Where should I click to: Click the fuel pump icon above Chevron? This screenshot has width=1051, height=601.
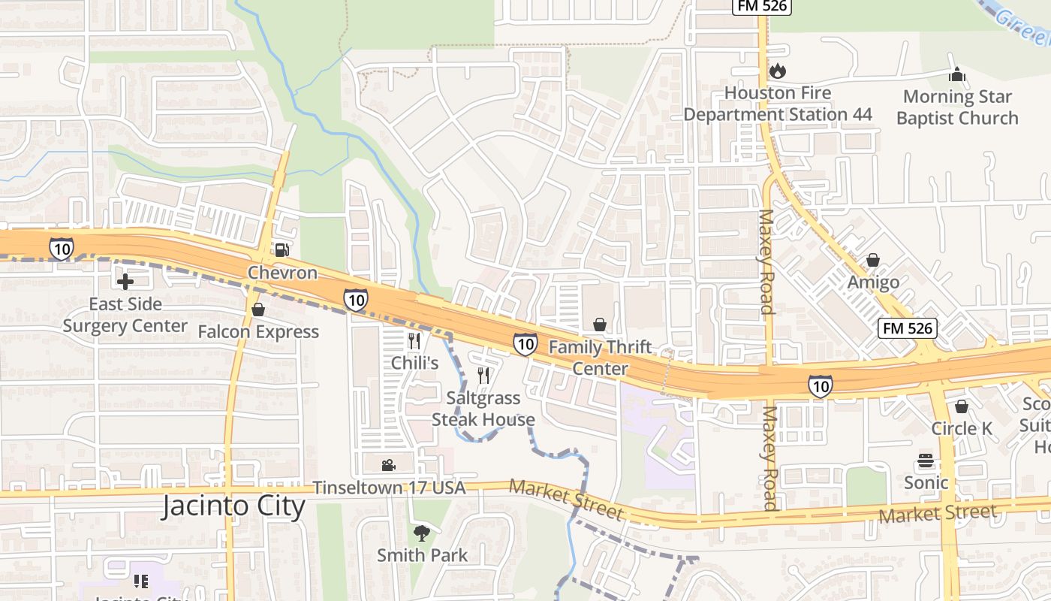tap(282, 250)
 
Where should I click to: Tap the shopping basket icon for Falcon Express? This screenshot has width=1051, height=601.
tap(258, 310)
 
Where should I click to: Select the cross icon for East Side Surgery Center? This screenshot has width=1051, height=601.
tap(125, 282)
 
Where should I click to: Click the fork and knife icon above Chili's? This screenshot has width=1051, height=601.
tap(414, 340)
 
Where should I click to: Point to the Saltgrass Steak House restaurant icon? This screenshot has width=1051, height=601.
tap(484, 375)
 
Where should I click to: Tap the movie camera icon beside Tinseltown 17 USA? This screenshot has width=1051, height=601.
tap(388, 466)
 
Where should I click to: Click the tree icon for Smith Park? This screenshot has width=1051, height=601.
tap(422, 533)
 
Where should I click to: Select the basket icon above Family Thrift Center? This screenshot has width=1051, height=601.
tap(599, 325)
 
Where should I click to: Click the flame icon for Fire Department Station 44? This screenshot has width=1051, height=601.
tap(777, 71)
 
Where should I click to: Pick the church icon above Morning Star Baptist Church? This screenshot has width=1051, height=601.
tap(956, 74)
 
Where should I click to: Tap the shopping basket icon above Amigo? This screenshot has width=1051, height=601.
tap(872, 261)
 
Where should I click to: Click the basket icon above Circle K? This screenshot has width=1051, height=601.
tap(962, 406)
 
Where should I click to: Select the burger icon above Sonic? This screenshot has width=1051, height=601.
tap(926, 461)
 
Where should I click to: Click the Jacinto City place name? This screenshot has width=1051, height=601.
tap(234, 506)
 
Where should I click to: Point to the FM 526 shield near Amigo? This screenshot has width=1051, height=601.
tap(908, 328)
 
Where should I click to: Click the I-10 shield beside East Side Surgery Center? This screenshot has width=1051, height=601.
tap(61, 249)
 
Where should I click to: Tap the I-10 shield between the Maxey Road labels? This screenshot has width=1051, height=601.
tap(821, 386)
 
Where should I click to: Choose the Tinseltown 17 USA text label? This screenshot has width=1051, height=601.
tap(389, 488)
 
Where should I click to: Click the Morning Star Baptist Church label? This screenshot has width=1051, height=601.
tap(957, 107)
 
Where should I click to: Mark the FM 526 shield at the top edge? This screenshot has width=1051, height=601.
tap(761, 6)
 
